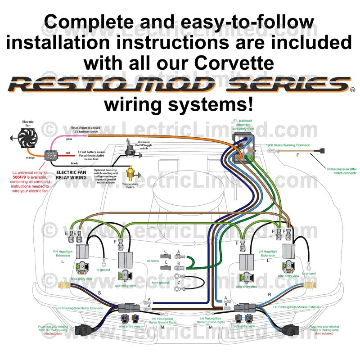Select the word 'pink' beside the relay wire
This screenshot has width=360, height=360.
(69, 139)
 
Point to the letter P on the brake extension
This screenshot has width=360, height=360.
(297, 155)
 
